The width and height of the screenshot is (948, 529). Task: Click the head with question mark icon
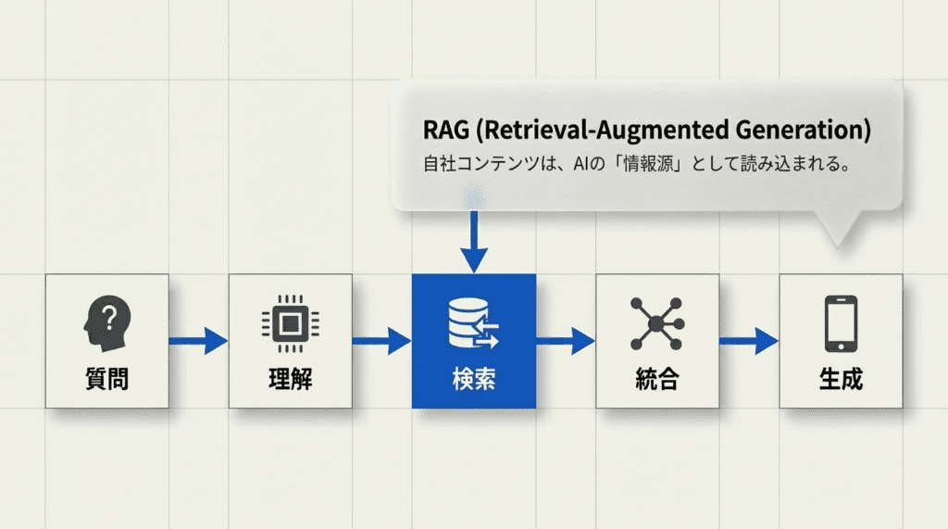pyautogui.click(x=106, y=323)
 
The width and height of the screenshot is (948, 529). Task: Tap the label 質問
pyautogui.click(x=106, y=379)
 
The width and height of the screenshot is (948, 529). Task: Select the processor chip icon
pyautogui.click(x=289, y=323)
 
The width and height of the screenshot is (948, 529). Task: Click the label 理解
pyautogui.click(x=289, y=379)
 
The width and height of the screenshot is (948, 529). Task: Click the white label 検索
pyautogui.click(x=473, y=379)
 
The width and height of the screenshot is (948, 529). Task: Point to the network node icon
pyautogui.click(x=655, y=323)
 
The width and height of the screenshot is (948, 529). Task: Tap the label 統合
pyautogui.click(x=655, y=379)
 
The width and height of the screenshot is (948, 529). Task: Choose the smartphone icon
pyautogui.click(x=840, y=323)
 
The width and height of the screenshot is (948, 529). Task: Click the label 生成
pyautogui.click(x=840, y=379)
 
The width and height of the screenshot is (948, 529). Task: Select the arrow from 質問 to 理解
pyautogui.click(x=198, y=341)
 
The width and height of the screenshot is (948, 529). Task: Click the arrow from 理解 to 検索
pyautogui.click(x=381, y=341)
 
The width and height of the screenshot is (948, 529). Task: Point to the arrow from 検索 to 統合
pyautogui.click(x=565, y=341)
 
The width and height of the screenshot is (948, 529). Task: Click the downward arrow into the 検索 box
pyautogui.click(x=474, y=241)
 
